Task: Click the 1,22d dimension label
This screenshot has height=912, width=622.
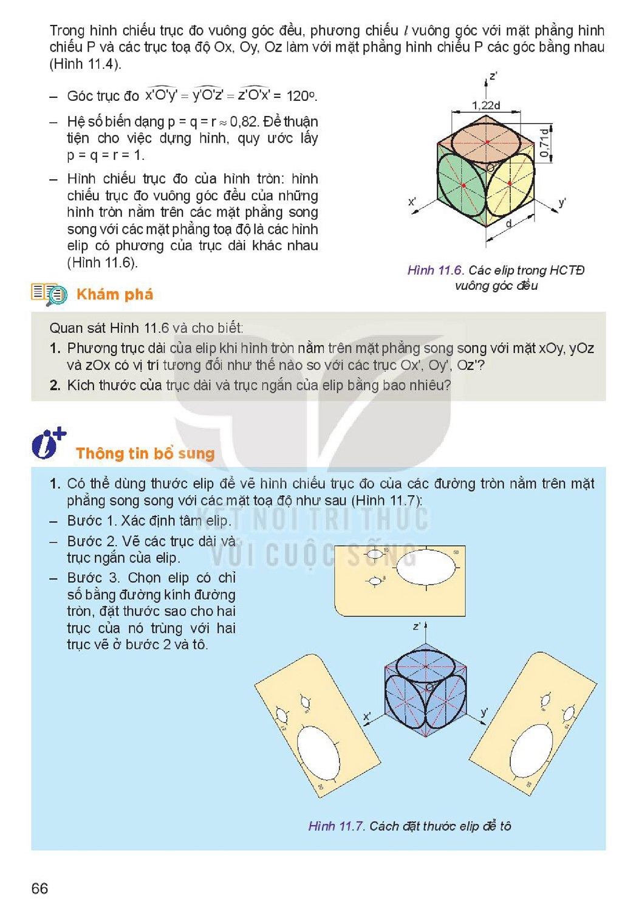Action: click(485, 106)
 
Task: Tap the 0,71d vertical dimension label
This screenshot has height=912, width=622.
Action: click(544, 143)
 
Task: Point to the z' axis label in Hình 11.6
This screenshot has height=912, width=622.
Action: click(493, 76)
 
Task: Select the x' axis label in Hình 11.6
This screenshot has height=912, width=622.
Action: click(412, 201)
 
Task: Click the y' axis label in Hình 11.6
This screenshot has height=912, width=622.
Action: click(562, 202)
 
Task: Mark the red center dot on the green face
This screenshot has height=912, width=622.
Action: click(463, 185)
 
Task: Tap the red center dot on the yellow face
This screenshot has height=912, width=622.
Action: click(510, 183)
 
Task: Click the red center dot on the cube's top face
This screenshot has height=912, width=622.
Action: click(487, 142)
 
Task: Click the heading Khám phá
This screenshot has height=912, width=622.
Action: click(115, 294)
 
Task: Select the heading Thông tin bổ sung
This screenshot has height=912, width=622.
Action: click(145, 453)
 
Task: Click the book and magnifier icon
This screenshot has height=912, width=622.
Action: click(49, 294)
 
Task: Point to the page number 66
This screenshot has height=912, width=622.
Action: click(39, 888)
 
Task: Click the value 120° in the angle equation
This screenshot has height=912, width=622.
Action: click(301, 96)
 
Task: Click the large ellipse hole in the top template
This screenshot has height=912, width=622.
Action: click(426, 567)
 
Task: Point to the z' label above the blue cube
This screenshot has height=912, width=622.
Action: click(416, 626)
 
